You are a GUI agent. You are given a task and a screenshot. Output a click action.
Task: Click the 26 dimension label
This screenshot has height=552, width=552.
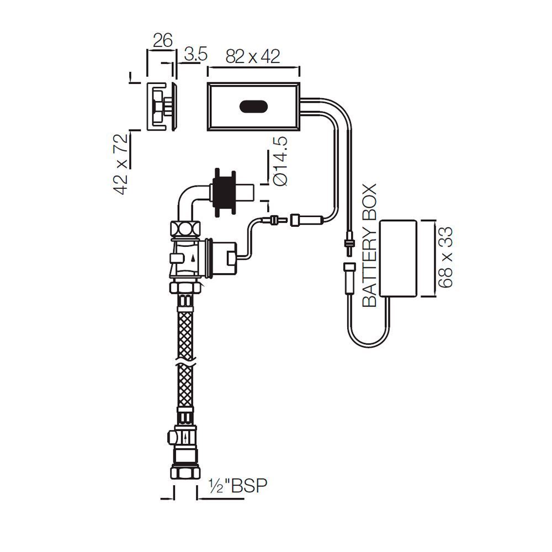[x=162, y=40]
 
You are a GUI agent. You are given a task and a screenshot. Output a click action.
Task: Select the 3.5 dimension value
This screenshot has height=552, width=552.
[x=195, y=54]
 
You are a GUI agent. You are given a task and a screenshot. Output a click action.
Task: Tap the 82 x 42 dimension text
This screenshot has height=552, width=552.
[x=253, y=56]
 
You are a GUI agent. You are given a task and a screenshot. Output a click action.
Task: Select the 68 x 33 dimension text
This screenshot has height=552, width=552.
[x=446, y=257]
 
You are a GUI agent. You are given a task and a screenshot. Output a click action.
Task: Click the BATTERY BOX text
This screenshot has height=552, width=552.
[x=369, y=245]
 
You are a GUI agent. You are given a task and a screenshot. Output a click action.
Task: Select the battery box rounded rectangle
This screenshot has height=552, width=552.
[x=400, y=257]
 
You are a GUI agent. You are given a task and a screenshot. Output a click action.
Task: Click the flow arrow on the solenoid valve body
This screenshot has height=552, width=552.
[x=192, y=257]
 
